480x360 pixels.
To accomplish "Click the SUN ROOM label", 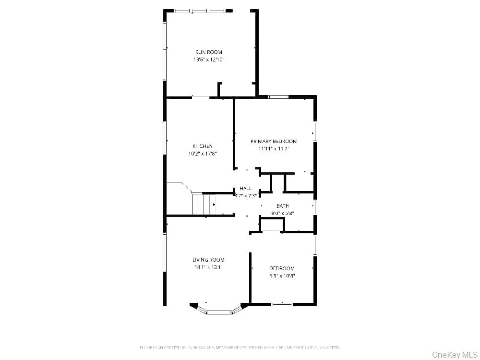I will [x=208, y=52].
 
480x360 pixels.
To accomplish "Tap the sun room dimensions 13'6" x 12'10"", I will [x=208, y=60].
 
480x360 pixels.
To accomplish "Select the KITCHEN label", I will [x=202, y=146].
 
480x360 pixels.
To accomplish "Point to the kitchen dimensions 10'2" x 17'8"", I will [x=202, y=154].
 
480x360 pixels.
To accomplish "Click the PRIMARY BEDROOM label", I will [x=274, y=141].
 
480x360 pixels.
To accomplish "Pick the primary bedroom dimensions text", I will [x=274, y=149].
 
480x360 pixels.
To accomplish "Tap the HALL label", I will [x=245, y=188].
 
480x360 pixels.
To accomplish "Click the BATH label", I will [x=282, y=206].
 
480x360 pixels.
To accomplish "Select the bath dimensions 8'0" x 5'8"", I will [x=282, y=214].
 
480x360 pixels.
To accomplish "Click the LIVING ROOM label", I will [x=208, y=260].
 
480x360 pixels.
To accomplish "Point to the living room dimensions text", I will [x=208, y=267].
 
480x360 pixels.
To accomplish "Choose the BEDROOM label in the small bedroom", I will [x=282, y=268].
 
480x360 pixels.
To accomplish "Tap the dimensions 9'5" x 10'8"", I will [x=282, y=276].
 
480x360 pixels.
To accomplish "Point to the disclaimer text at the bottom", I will [x=240, y=347].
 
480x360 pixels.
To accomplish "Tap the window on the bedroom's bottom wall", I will [x=282, y=304].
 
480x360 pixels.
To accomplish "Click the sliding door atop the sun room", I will [x=199, y=11].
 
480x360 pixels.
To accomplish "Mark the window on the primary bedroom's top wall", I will [x=278, y=97].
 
